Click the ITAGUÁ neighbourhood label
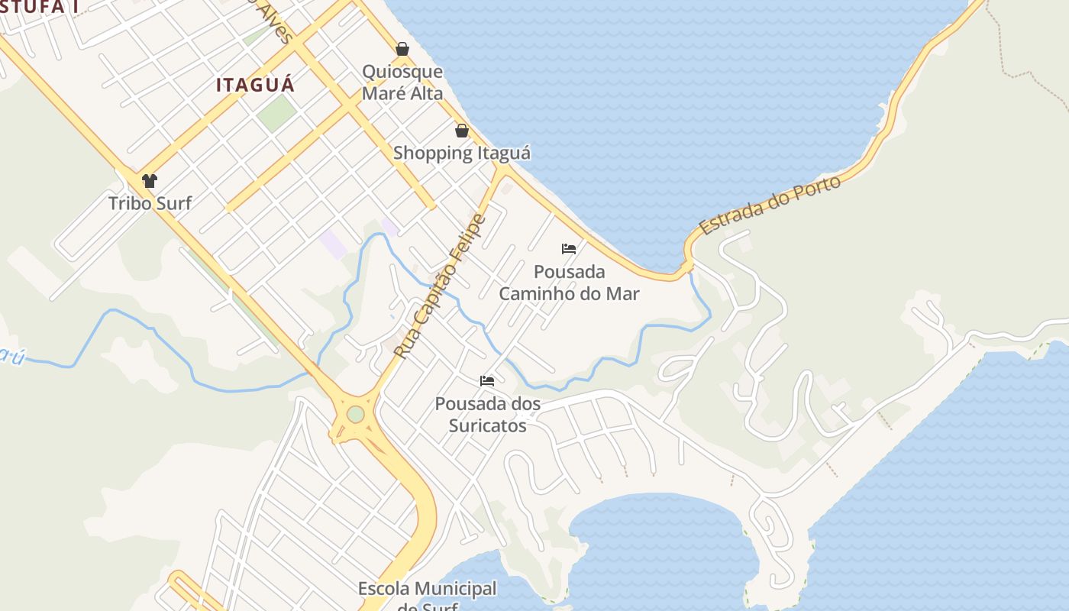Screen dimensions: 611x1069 click(x=255, y=85)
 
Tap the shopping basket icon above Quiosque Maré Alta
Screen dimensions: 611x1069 click(x=402, y=50)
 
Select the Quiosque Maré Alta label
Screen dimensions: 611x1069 click(x=402, y=82)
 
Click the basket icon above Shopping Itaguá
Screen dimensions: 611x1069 click(x=462, y=131)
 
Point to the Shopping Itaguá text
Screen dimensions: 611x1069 click(x=462, y=153)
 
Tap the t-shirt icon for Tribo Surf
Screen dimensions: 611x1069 click(x=150, y=181)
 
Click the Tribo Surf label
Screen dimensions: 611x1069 click(x=150, y=203)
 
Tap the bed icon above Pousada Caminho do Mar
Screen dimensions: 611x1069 click(x=569, y=249)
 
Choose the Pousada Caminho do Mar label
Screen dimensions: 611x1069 click(x=569, y=283)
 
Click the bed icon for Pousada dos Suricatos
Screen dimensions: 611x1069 click(x=487, y=381)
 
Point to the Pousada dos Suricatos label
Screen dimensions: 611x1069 click(x=487, y=414)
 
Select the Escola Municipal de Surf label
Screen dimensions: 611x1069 click(x=427, y=596)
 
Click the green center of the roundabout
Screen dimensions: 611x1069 click(x=356, y=414)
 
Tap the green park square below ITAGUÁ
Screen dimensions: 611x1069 click(x=276, y=112)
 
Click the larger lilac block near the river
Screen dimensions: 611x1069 click(x=333, y=244)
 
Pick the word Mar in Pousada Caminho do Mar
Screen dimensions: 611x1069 click(x=623, y=293)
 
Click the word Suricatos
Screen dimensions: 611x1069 click(x=487, y=425)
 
